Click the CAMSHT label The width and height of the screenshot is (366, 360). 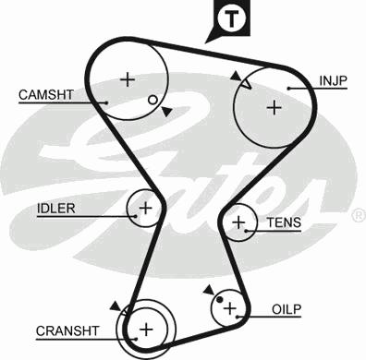(46, 94)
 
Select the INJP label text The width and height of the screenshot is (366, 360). (333, 81)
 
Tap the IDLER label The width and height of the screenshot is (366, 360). (56, 209)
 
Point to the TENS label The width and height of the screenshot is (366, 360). (284, 222)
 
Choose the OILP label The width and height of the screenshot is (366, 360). (287, 309)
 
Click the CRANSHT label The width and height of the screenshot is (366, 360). (67, 331)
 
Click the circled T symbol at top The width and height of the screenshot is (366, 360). (231, 18)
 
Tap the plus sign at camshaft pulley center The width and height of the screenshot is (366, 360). (128, 80)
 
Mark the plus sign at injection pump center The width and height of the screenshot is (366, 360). (274, 108)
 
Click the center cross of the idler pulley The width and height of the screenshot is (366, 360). (145, 209)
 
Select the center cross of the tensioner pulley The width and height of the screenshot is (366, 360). (238, 222)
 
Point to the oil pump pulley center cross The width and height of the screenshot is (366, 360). (229, 308)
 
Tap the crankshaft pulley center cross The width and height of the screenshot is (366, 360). (146, 330)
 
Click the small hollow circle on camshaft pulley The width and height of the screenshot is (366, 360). (152, 100)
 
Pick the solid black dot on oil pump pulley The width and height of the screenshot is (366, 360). (220, 299)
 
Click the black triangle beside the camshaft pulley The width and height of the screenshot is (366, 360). (166, 112)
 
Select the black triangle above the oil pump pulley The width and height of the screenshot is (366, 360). (209, 290)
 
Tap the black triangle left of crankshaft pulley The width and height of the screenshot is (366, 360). (116, 306)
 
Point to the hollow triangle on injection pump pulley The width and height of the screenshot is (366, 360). (247, 84)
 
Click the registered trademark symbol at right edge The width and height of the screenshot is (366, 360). (359, 215)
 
